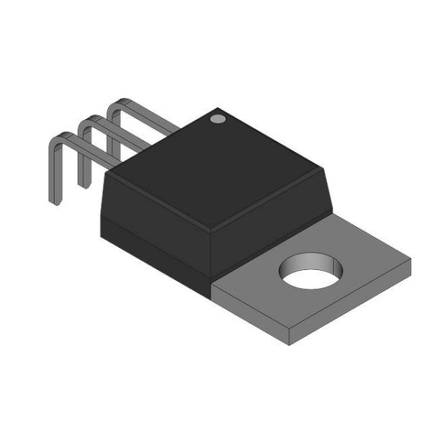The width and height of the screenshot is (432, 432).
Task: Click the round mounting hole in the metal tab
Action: pos(311,269)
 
